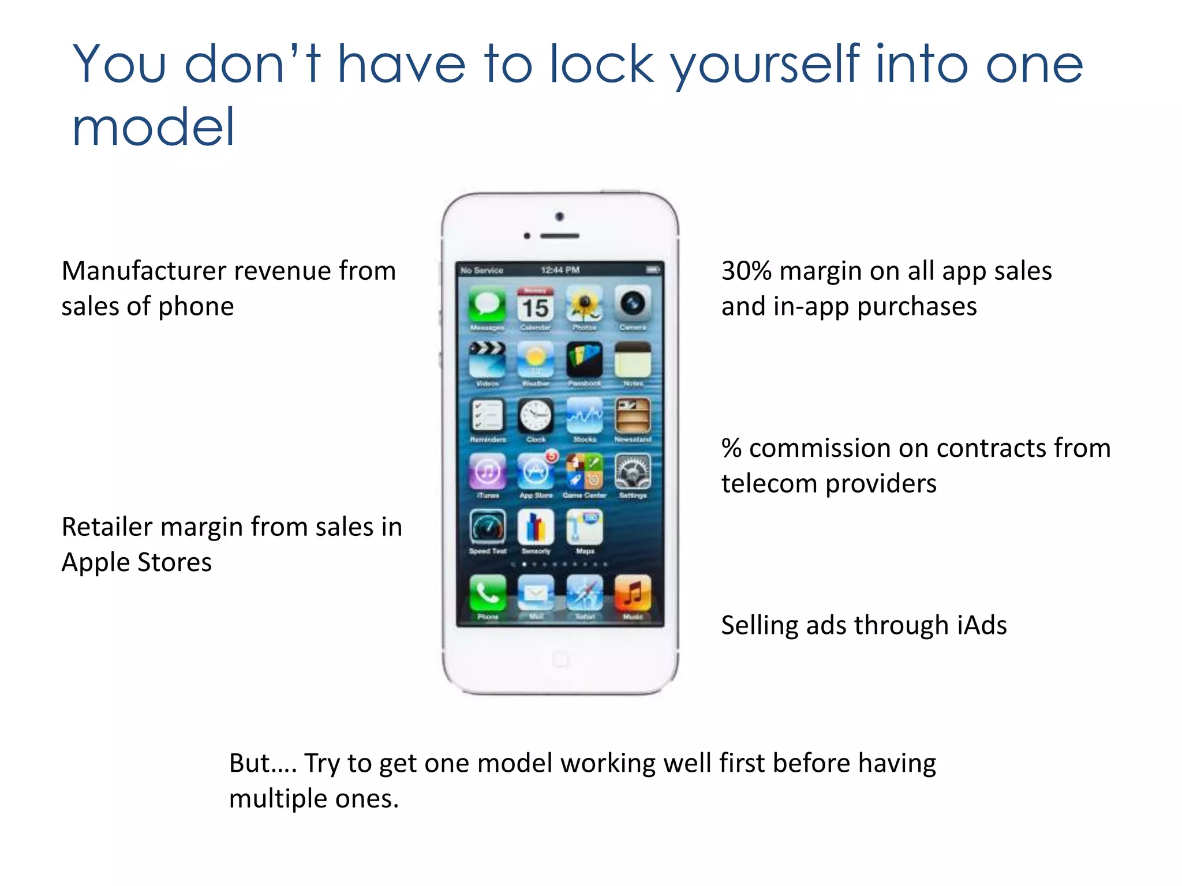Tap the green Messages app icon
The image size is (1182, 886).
point(487,305)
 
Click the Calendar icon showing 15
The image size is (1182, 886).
point(536,305)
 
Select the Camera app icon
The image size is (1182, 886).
point(633,304)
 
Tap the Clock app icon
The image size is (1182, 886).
point(536,415)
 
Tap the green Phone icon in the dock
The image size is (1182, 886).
point(488,593)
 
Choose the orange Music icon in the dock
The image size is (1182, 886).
point(633,593)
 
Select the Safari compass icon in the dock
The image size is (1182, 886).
point(585,593)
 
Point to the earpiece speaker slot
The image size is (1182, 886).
point(559,236)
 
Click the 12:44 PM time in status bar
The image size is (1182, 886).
point(560,270)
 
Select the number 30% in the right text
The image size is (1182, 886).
point(746,271)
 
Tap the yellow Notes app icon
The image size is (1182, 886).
point(633,360)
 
